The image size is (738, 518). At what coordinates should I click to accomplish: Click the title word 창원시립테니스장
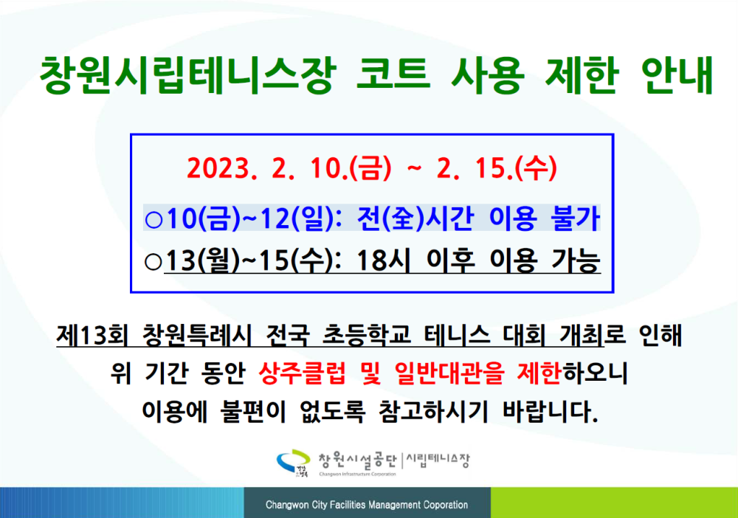(x=187, y=75)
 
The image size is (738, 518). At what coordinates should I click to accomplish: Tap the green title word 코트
(x=393, y=75)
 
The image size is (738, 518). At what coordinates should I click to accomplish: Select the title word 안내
(x=677, y=75)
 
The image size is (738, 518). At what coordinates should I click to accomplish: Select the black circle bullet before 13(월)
(x=154, y=262)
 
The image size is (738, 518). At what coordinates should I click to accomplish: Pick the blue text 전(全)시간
(x=414, y=218)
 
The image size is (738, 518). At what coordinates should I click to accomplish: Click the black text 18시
(x=383, y=260)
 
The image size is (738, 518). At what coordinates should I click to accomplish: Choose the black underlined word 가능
(x=576, y=260)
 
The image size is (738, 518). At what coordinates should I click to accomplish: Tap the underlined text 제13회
(x=92, y=335)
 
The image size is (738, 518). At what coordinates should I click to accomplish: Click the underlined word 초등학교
(x=367, y=335)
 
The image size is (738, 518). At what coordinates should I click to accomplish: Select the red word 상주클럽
(x=302, y=373)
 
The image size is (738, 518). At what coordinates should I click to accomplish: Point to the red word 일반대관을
(x=449, y=373)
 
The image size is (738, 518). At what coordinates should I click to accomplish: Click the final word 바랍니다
(x=551, y=412)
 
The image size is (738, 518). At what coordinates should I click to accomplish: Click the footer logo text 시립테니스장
(x=438, y=460)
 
